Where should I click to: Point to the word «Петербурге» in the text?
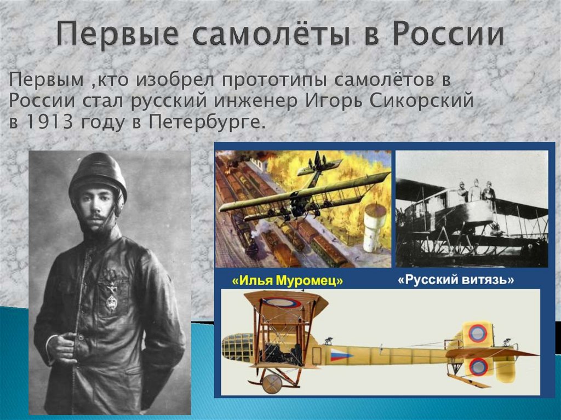pos(207,122)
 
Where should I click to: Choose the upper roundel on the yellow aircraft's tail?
pos(477,333)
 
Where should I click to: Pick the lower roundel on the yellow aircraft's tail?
pos(478,366)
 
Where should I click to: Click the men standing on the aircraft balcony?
pos(474,192)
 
